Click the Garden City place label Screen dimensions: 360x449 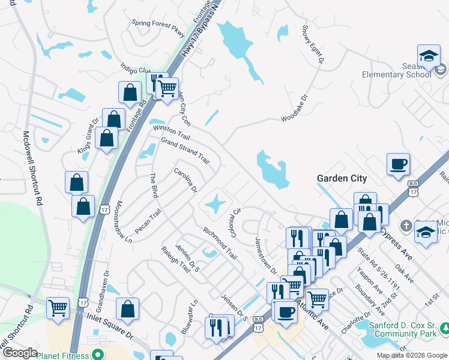[x=342, y=179]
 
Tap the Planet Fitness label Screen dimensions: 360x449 [x=62, y=355]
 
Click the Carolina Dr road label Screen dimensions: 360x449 [x=185, y=180]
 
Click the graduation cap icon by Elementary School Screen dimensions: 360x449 [x=429, y=56]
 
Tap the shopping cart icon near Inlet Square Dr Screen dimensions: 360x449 [x=58, y=308]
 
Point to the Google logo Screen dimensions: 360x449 [x=19, y=353]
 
